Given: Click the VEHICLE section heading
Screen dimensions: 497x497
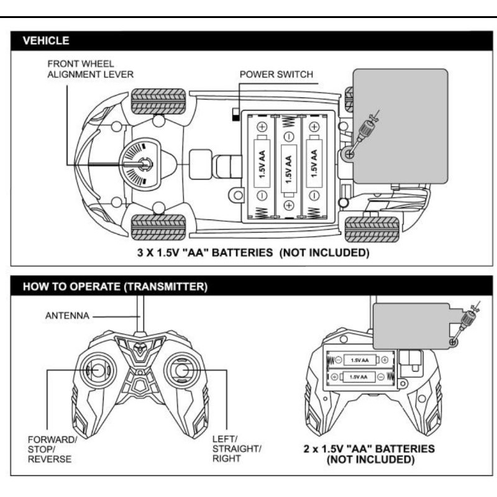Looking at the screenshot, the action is [x=46, y=40].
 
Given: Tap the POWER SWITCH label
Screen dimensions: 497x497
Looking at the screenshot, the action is [x=276, y=75].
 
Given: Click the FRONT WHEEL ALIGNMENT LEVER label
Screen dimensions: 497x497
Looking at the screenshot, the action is [x=90, y=69].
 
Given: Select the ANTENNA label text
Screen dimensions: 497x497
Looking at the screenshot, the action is [x=67, y=316].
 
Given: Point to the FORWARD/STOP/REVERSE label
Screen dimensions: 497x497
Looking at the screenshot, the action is [x=52, y=449].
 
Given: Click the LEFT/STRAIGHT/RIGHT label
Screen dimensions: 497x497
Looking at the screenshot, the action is [x=237, y=449].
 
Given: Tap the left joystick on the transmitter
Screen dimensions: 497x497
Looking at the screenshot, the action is [x=98, y=370].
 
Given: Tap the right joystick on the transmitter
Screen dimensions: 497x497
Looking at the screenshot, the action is [x=182, y=370].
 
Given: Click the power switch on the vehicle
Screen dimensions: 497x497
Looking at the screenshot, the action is [x=236, y=114].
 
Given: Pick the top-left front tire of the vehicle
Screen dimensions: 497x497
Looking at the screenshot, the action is [x=158, y=101].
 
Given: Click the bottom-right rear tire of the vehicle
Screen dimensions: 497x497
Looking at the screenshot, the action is [x=372, y=229].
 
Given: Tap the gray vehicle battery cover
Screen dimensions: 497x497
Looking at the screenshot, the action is [x=400, y=126].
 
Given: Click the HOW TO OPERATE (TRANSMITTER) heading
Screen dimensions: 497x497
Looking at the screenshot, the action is [x=115, y=286].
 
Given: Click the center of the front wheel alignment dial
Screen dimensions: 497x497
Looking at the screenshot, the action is [x=145, y=164].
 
